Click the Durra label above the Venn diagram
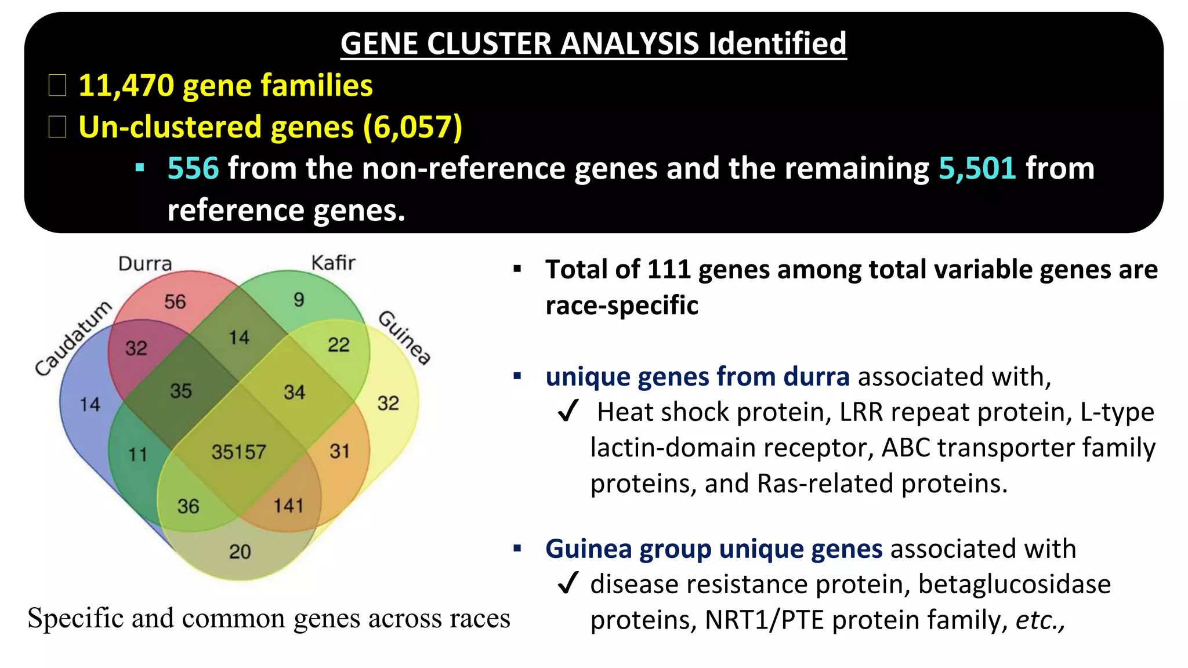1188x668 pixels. click(x=145, y=264)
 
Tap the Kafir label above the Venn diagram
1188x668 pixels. click(x=333, y=263)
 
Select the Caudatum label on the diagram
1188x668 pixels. click(x=73, y=339)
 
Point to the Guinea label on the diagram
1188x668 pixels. click(x=405, y=337)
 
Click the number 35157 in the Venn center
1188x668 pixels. click(x=238, y=452)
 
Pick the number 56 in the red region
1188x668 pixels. click(x=175, y=302)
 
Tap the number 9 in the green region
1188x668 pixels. click(x=299, y=299)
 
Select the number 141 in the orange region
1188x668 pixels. click(x=288, y=506)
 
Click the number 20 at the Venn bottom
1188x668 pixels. click(x=240, y=551)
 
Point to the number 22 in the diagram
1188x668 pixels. click(x=339, y=345)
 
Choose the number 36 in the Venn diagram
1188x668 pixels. click(x=188, y=506)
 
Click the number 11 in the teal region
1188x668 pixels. click(x=137, y=454)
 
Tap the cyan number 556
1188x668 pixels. click(x=193, y=169)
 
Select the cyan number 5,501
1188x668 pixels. click(x=977, y=169)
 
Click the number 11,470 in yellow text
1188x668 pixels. click(x=126, y=86)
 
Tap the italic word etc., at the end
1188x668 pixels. click(x=1039, y=620)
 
